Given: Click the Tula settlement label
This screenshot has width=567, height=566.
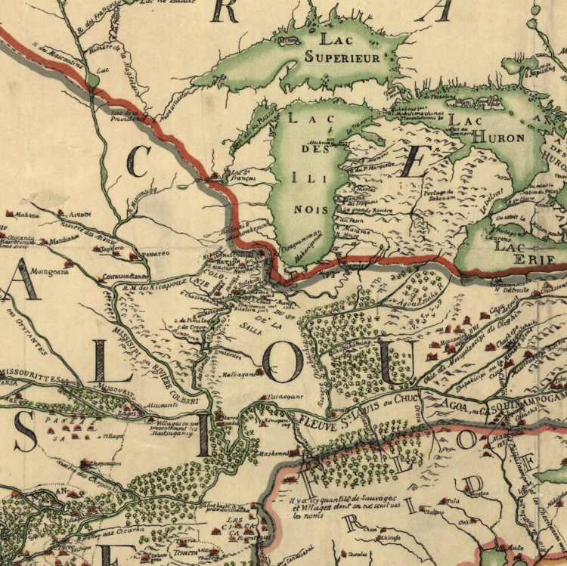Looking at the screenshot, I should [x=454, y=500].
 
